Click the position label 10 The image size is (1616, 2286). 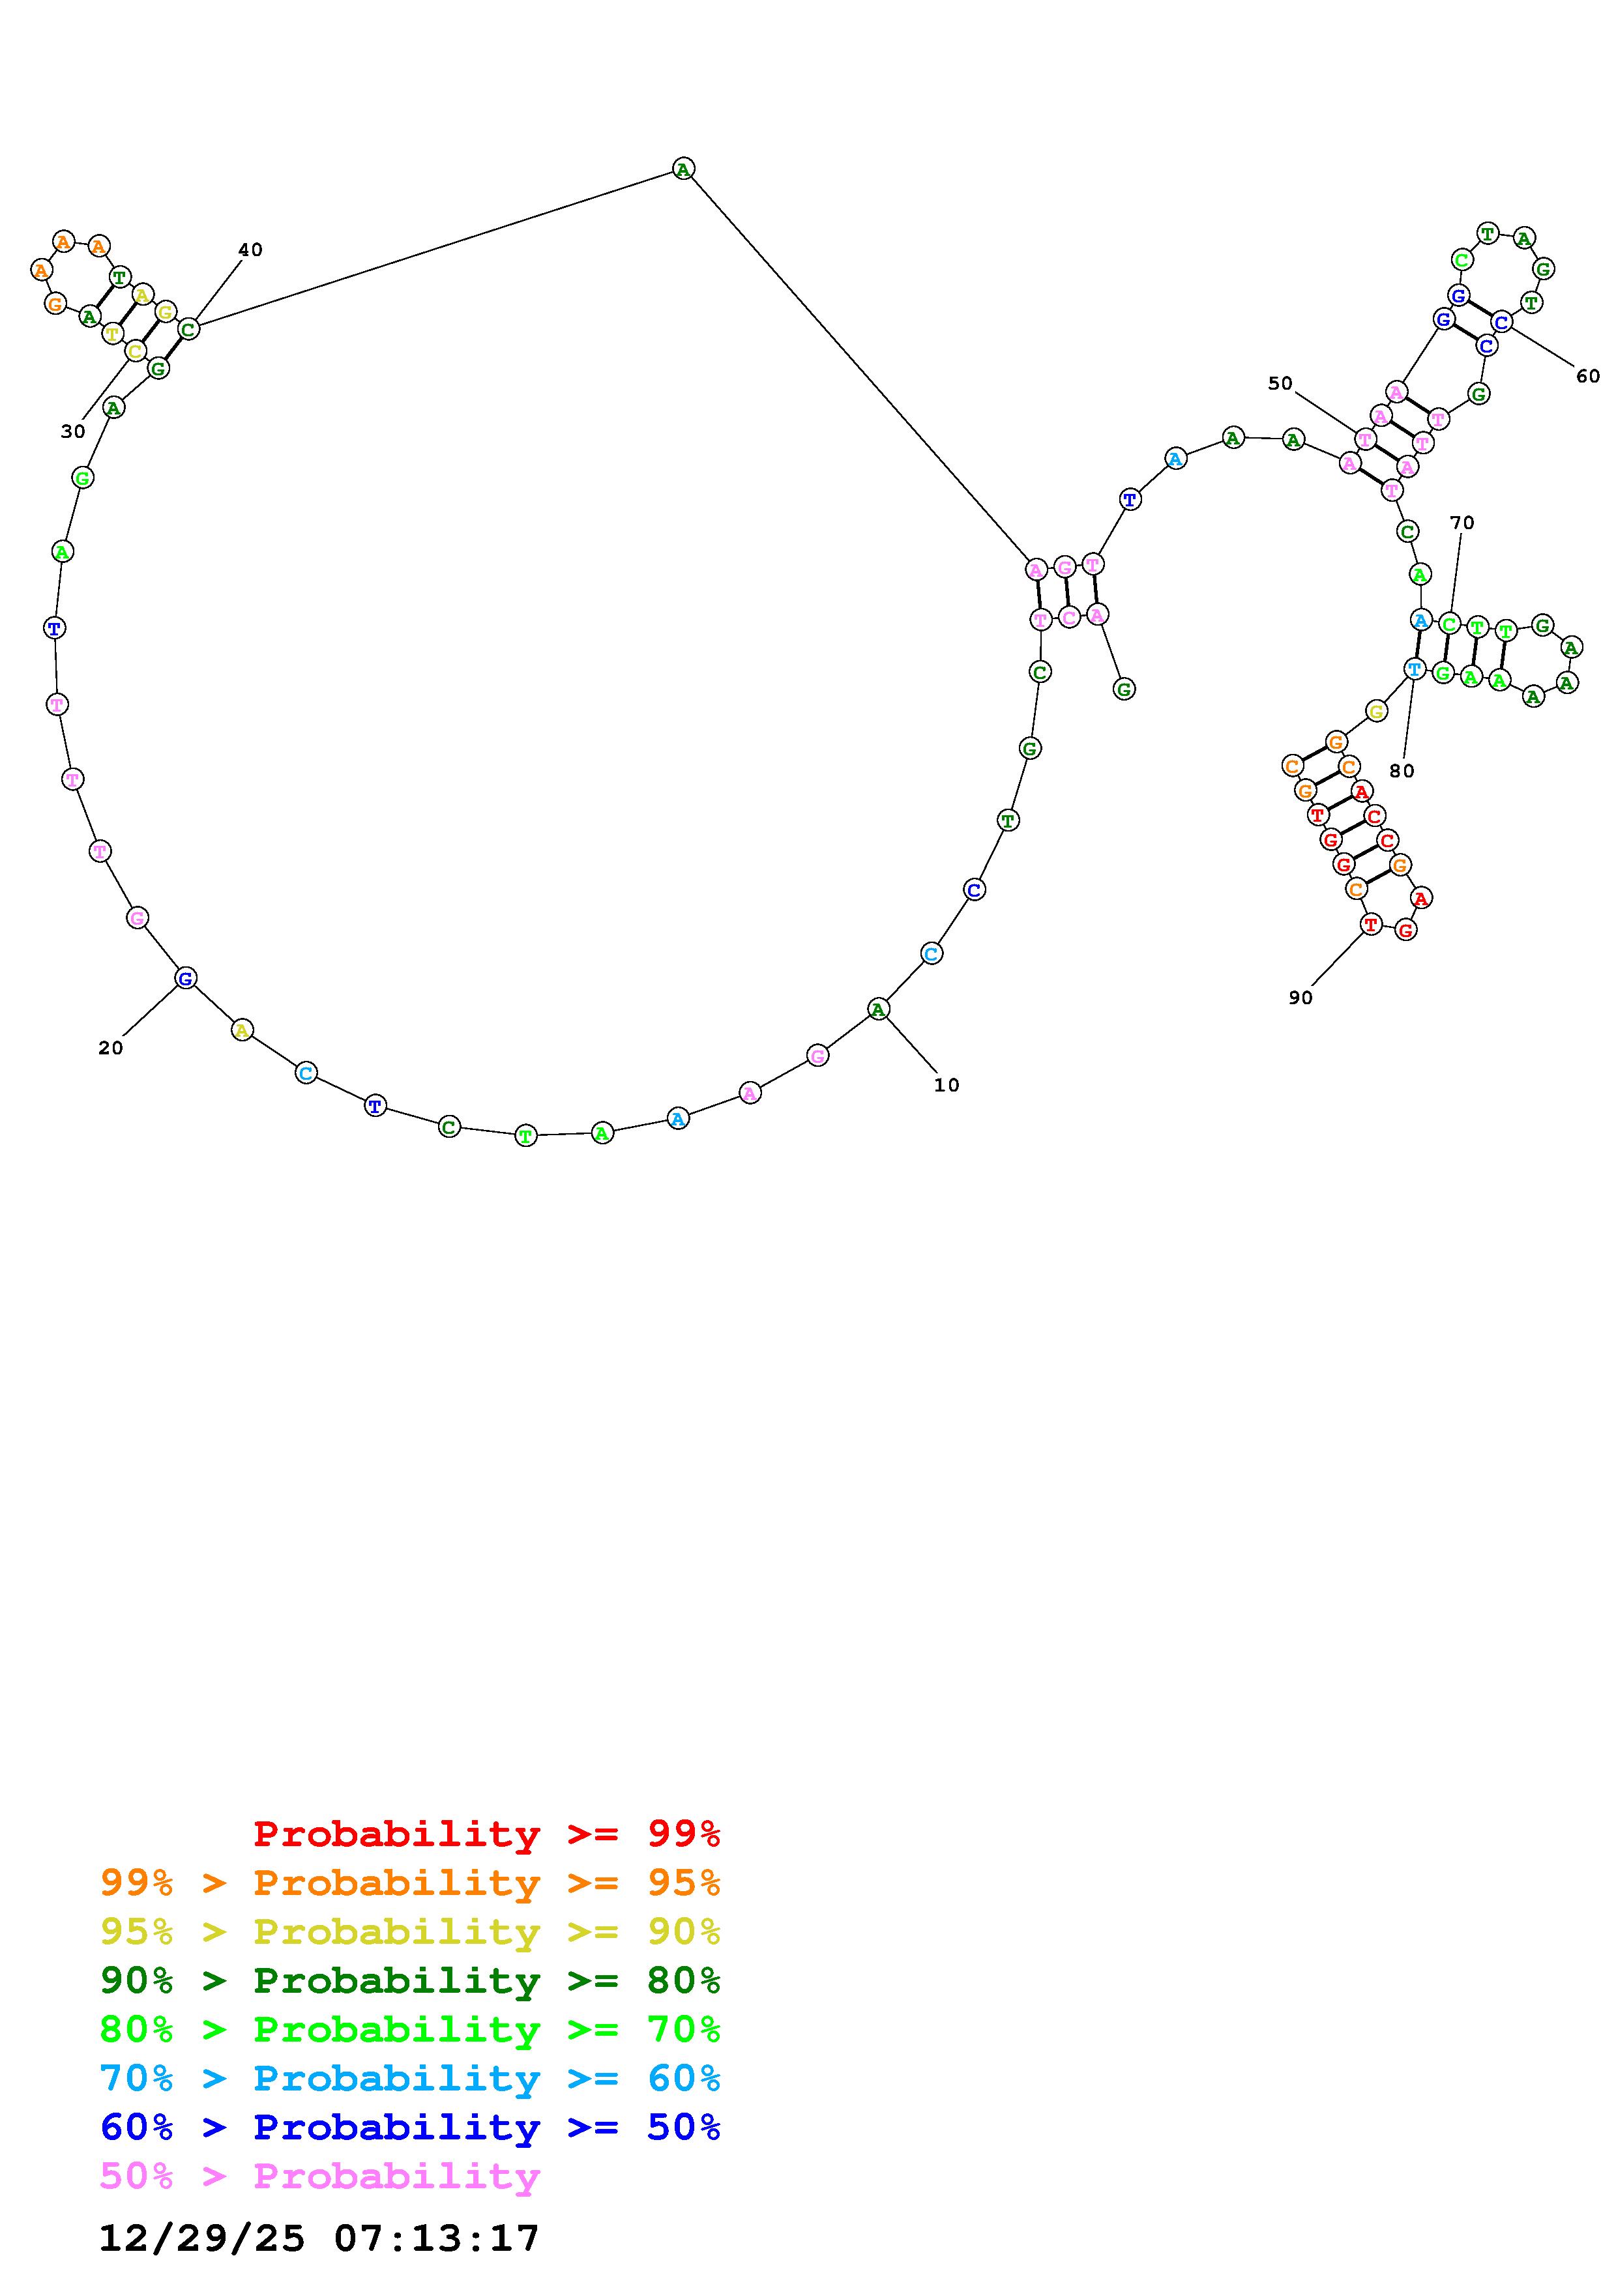pos(946,1085)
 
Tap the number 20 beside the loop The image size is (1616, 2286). pos(111,1047)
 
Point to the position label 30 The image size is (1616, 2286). pos(73,431)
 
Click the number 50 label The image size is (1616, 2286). pos(1280,383)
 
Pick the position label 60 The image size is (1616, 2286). pos(1587,375)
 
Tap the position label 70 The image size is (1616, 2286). pos(1462,522)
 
